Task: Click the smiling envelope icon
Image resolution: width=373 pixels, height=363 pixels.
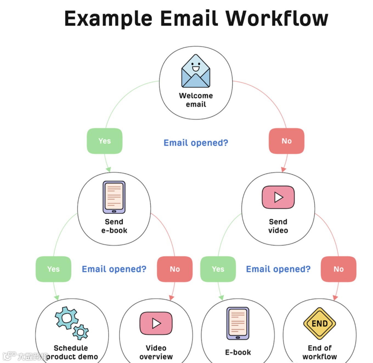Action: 196,71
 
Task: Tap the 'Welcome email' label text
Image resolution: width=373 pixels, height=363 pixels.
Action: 196,100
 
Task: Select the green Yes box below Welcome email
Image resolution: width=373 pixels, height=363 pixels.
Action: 104,141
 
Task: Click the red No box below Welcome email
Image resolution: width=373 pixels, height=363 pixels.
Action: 287,141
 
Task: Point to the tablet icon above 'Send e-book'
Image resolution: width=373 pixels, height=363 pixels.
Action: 114,197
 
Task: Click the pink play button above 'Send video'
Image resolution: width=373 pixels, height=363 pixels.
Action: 278,197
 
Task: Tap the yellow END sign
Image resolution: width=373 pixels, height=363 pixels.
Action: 320,324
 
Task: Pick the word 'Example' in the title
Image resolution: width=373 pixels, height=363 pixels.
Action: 108,18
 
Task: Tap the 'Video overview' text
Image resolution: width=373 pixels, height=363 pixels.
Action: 156,352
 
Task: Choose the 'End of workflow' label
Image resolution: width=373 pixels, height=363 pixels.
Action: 320,352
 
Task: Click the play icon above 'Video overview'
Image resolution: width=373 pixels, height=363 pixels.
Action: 156,323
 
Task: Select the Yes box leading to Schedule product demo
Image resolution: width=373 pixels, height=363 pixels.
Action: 53,269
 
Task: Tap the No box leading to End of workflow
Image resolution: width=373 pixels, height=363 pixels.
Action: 338,269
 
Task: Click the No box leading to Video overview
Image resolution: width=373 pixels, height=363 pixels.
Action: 175,269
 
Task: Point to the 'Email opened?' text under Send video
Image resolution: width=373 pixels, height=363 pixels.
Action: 278,269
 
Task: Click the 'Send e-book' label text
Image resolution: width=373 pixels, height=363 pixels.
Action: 114,226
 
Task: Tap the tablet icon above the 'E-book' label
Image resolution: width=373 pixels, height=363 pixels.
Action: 238,323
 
